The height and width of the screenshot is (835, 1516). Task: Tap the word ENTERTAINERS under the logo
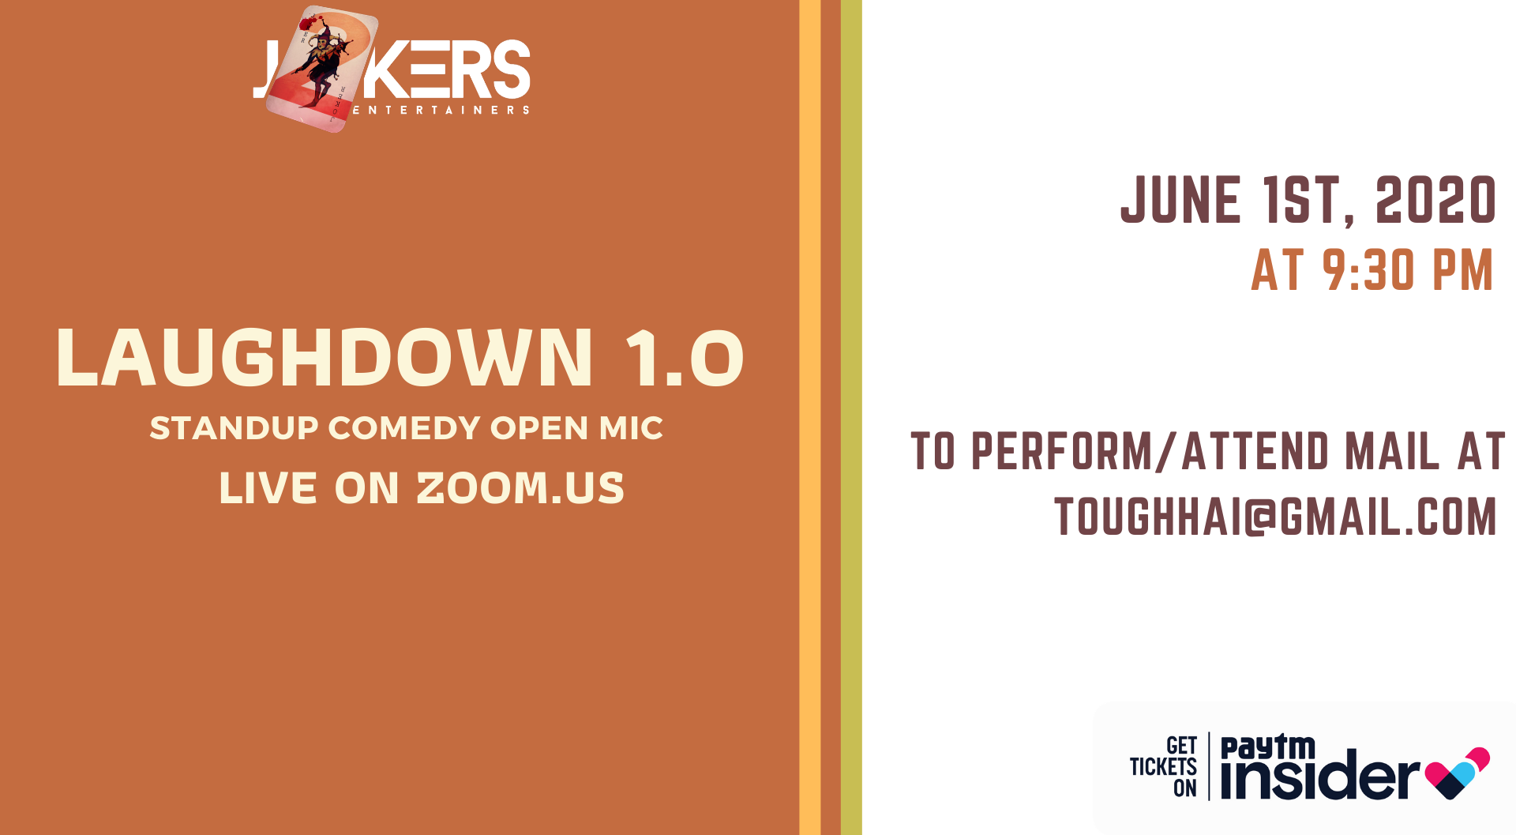coord(441,110)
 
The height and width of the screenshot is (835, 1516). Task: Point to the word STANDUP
coord(234,428)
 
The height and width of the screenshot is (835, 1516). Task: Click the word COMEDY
coord(404,428)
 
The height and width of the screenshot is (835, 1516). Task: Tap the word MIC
coord(631,428)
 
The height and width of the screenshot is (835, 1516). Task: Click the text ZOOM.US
coord(520,487)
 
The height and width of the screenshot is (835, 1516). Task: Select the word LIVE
coord(268,487)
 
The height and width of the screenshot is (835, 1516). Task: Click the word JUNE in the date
coord(1180,200)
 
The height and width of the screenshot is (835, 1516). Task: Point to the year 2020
coord(1435,200)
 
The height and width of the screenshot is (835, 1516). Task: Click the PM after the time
coord(1462,270)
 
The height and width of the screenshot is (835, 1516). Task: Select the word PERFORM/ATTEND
coord(1150,451)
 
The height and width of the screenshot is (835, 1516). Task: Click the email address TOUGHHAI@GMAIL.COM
coord(1276,517)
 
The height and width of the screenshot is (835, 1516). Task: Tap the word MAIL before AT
coord(1393,451)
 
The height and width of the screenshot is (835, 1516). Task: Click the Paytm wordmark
coord(1268,747)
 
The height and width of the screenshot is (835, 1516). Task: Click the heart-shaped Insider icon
coord(1458,773)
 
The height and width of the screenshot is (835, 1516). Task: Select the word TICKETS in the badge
coord(1163,766)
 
